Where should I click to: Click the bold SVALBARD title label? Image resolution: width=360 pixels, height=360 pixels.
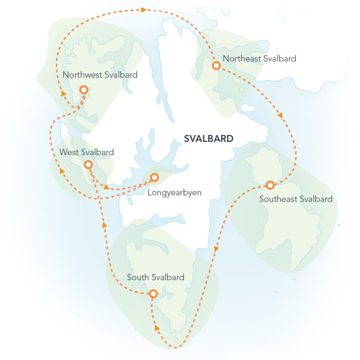coord(208,139)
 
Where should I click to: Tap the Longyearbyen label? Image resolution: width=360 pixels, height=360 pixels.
coord(174,193)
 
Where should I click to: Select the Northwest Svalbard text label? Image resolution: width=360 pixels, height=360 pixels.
coord(100,75)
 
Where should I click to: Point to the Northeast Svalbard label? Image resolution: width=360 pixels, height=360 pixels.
coord(259,58)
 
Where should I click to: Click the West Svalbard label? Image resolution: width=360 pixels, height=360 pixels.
coord(86,152)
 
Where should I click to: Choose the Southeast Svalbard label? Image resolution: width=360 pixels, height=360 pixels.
coord(296,199)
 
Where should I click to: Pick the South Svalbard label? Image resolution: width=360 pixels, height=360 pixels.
coord(156,277)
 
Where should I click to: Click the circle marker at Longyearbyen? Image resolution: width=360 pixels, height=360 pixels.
coord(154,177)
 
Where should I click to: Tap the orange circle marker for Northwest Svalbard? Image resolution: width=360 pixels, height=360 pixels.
coord(84,90)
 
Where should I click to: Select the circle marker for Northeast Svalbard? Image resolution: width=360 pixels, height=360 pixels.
coord(216,65)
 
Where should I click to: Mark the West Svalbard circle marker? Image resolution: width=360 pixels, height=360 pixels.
coord(88,165)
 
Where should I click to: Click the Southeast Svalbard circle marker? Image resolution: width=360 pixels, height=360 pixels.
coord(270,185)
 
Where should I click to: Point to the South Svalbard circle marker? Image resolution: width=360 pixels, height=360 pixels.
coord(153,294)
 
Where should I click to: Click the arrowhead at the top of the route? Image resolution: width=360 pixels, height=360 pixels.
coord(143,10)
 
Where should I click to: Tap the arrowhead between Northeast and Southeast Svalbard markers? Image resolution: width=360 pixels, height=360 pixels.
coord(280,115)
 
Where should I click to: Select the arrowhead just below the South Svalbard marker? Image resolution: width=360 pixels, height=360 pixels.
coord(156,328)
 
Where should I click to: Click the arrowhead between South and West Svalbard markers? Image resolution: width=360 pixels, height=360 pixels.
coord(104,224)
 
